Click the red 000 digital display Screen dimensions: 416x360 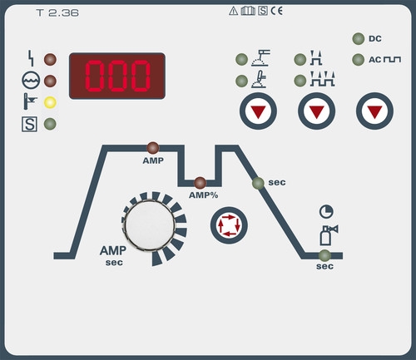click(x=117, y=76)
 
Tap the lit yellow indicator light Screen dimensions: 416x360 click(x=50, y=102)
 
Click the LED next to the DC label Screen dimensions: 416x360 click(x=359, y=39)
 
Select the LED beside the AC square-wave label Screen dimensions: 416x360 click(x=359, y=60)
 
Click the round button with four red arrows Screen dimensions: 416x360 click(x=229, y=225)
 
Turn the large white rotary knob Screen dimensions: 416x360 click(x=150, y=224)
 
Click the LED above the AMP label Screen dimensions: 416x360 click(x=153, y=148)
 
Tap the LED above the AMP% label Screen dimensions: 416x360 click(x=200, y=183)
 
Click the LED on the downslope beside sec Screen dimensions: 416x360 click(x=258, y=183)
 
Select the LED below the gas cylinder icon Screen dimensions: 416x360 click(x=324, y=255)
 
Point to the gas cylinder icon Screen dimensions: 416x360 click(x=329, y=235)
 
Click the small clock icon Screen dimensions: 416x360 click(x=326, y=212)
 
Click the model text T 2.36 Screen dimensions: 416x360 click(x=57, y=12)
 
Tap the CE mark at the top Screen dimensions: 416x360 click(x=277, y=11)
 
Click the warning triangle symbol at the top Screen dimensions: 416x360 click(x=234, y=11)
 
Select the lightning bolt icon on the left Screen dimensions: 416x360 click(x=31, y=58)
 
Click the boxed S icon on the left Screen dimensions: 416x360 click(x=29, y=124)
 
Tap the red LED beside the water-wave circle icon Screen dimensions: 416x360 click(x=50, y=81)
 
